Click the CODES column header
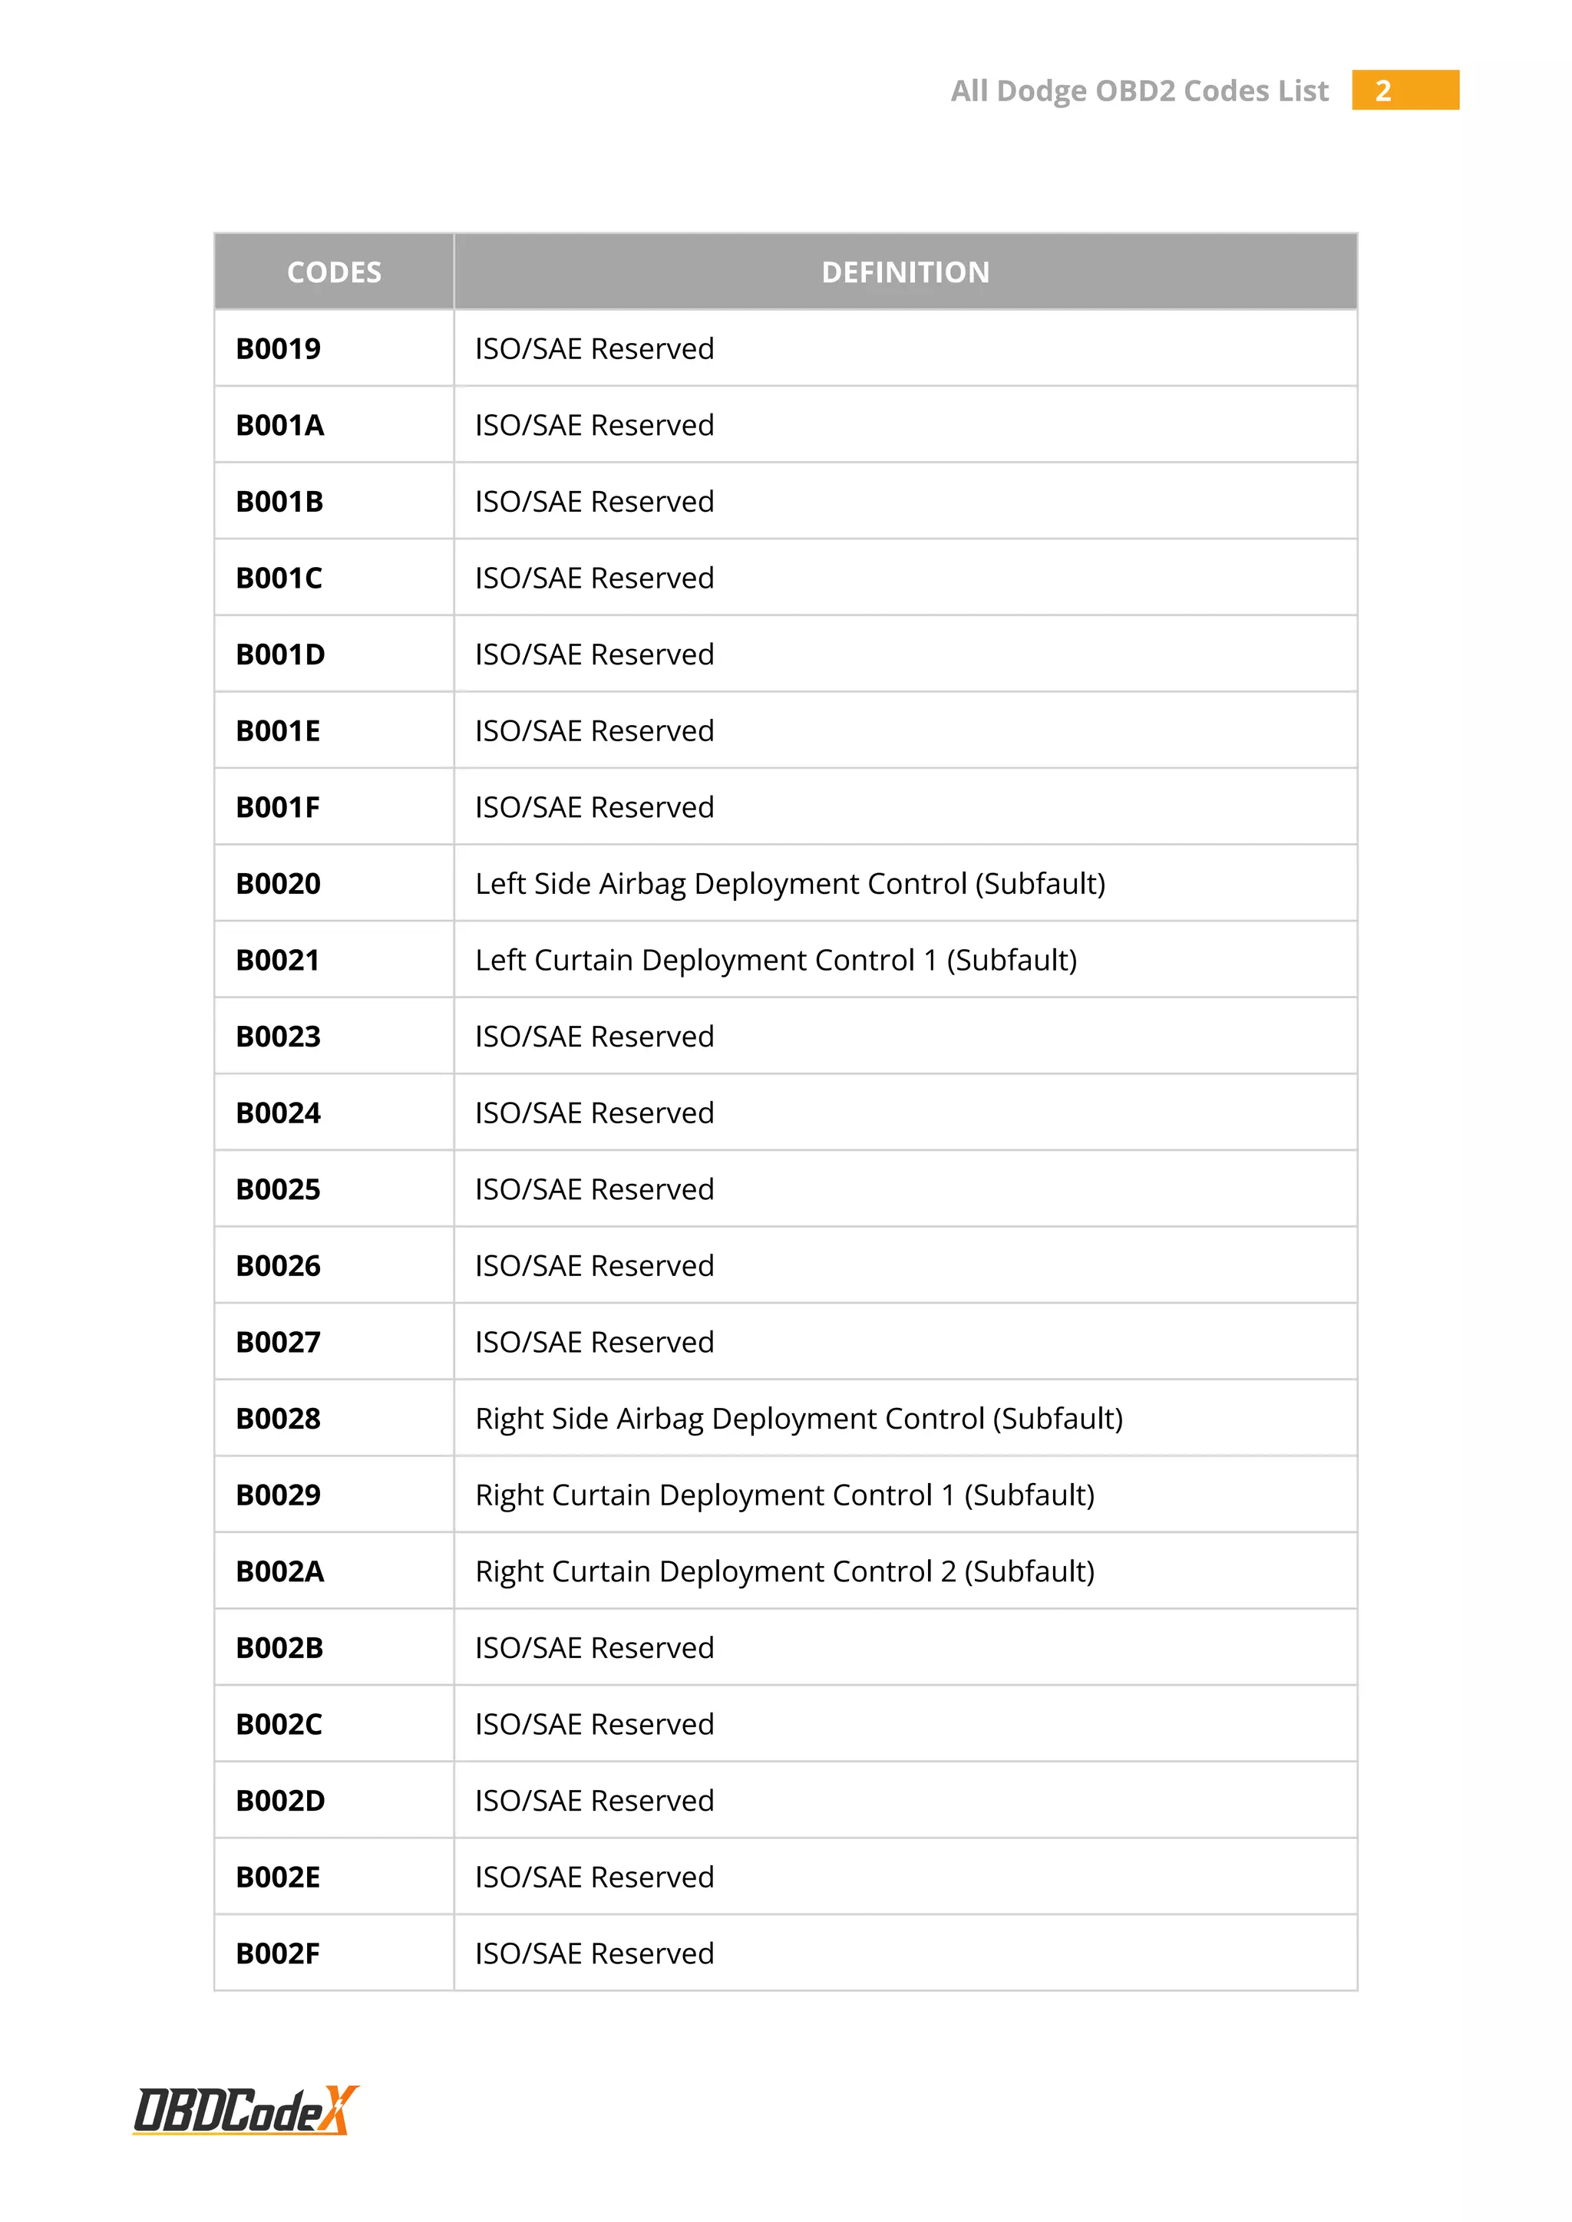[334, 272]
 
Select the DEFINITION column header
[905, 272]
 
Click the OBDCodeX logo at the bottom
[246, 2110]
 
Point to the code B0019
[278, 348]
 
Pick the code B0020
[278, 884]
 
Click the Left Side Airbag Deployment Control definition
[790, 884]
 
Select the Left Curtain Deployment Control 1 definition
[775, 960]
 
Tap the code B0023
[278, 1037]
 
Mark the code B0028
[278, 1419]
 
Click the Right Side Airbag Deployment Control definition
[798, 1419]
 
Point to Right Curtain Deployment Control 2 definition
[784, 1571]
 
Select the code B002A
[279, 1571]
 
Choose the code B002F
[278, 1954]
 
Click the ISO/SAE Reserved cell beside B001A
[594, 425]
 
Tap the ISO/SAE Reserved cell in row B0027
[594, 1342]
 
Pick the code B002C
[279, 1725]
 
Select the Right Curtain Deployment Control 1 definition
[784, 1495]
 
